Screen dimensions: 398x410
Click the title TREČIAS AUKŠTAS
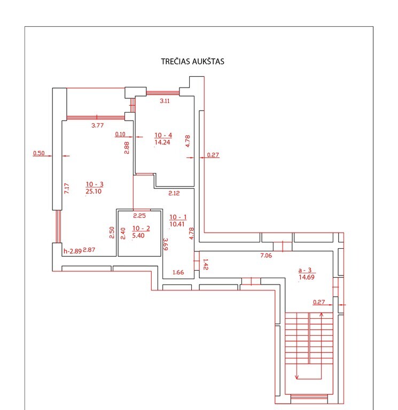pos(192,61)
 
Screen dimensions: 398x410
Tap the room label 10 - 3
pos(95,184)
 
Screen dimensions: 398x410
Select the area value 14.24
pos(162,142)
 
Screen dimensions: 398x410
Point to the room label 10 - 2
pos(141,228)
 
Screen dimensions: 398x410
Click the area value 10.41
pos(177,224)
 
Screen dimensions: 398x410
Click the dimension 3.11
pos(165,101)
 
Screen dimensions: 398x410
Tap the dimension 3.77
pos(98,125)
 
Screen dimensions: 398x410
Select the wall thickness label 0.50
pos(38,153)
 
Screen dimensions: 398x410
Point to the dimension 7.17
pos(67,188)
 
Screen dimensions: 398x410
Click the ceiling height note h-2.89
pos(73,251)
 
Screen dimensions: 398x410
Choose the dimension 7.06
pos(266,256)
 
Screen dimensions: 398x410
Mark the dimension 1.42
pos(206,264)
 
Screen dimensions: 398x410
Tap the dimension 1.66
pos(178,272)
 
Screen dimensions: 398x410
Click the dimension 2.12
pos(174,193)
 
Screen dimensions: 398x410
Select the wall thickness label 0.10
pos(120,135)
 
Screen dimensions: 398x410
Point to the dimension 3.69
pos(166,244)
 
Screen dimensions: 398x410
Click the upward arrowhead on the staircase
pos(321,314)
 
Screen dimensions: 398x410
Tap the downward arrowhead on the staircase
pos(296,377)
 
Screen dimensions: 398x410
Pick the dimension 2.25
pos(139,216)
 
